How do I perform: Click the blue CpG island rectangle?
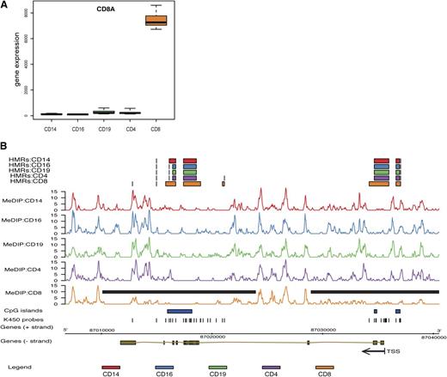click(179, 311)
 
